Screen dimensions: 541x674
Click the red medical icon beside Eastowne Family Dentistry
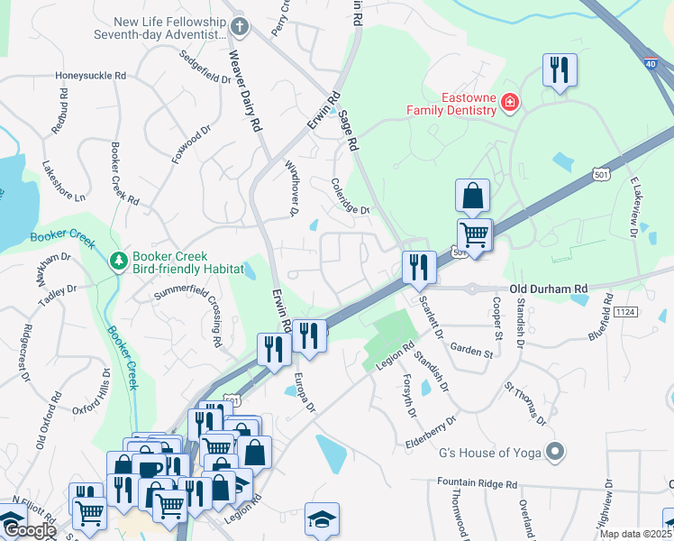(x=510, y=103)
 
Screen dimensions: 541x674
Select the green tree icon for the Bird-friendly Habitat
(x=117, y=261)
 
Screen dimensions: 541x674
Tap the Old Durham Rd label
(x=548, y=289)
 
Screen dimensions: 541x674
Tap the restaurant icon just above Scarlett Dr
(x=419, y=266)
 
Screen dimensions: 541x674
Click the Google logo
(x=29, y=530)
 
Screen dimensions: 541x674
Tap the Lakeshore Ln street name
(x=63, y=183)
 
